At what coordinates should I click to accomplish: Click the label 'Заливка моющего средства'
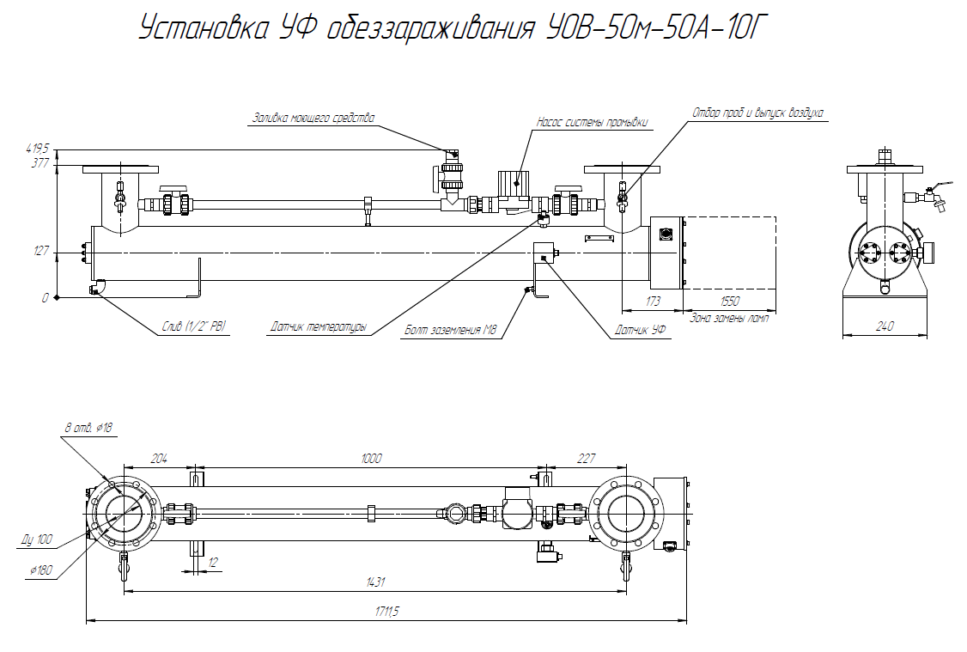click(313, 119)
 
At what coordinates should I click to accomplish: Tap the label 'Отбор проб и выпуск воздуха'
click(758, 113)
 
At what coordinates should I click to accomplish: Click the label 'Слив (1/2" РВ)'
click(194, 326)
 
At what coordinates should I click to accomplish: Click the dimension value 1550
click(730, 302)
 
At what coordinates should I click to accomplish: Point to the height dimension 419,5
click(38, 148)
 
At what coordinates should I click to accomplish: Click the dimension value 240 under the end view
click(885, 326)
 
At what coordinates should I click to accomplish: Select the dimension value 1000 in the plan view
click(371, 459)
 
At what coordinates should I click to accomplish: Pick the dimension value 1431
click(375, 583)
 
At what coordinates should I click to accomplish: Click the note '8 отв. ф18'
click(89, 427)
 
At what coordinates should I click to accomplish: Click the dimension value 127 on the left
click(40, 252)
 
